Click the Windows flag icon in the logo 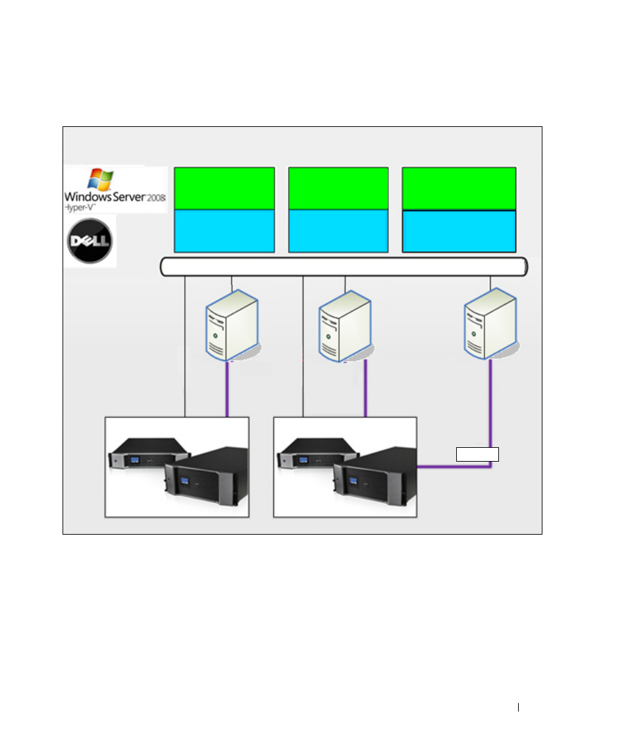(101, 179)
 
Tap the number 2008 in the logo (156, 197)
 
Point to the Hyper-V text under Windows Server (80, 207)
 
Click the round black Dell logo (90, 241)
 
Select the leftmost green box (224, 188)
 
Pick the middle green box (338, 188)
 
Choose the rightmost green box (459, 189)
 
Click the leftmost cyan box (224, 231)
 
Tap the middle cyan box (338, 231)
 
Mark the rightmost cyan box (459, 231)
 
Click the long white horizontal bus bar (344, 267)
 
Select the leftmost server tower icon (232, 325)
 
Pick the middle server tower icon (345, 326)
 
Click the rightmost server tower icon (490, 324)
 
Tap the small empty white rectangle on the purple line (477, 454)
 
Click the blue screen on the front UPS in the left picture (185, 481)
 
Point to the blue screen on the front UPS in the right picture (353, 481)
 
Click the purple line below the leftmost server (227, 389)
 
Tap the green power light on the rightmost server (474, 334)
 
